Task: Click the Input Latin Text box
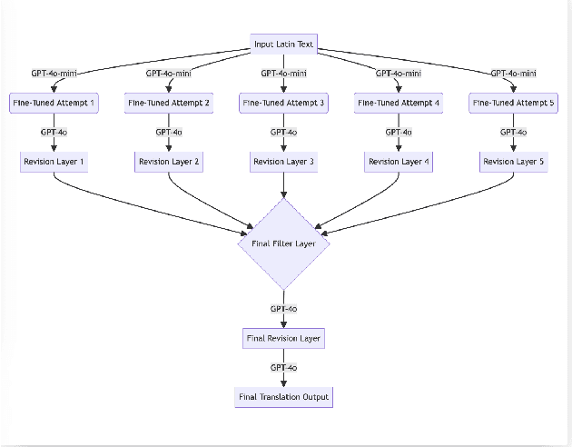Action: pos(284,45)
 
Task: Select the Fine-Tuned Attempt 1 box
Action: pos(54,104)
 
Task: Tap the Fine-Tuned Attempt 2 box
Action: pos(169,104)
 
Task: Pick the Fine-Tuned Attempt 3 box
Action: pos(284,104)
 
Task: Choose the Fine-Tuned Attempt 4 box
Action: pos(399,104)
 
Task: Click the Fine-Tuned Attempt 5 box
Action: pos(514,104)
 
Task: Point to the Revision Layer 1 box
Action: pos(54,162)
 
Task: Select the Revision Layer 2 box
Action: pos(169,162)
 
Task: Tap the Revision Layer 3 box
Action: pos(284,162)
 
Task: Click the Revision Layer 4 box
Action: pos(399,162)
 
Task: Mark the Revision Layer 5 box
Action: pos(514,162)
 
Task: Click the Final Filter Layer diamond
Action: pos(284,243)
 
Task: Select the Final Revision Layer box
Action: pos(284,339)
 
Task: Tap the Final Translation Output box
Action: pos(284,397)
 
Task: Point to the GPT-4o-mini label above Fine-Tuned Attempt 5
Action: pos(514,74)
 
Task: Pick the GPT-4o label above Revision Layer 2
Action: pos(169,133)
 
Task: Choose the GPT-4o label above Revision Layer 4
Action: pos(399,133)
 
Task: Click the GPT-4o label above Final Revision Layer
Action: pos(284,309)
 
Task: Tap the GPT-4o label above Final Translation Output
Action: pos(284,368)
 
